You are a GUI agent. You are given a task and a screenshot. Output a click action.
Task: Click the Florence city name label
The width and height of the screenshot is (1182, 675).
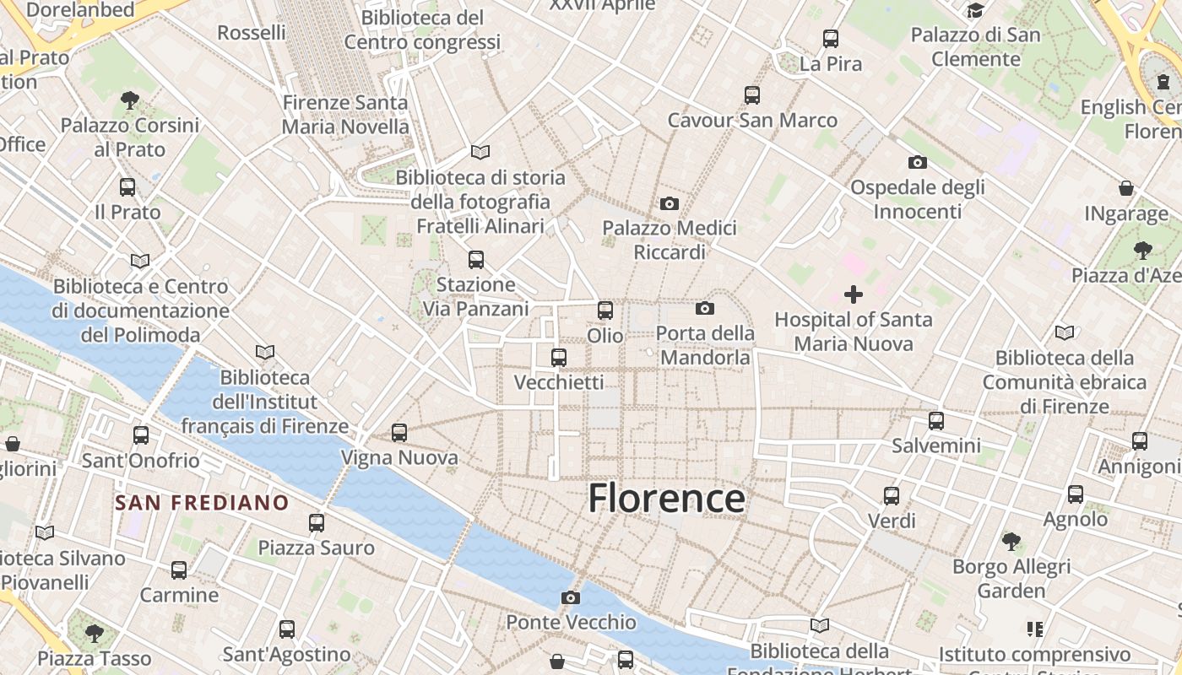(666, 498)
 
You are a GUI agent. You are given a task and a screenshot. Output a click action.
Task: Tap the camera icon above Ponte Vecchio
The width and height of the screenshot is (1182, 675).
(571, 598)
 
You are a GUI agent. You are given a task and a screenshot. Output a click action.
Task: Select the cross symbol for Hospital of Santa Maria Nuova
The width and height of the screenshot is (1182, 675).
(854, 294)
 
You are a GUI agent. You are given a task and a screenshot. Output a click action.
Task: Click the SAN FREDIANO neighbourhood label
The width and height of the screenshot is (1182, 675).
(202, 504)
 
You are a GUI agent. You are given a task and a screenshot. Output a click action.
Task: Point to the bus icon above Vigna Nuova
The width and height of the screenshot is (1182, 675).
(399, 433)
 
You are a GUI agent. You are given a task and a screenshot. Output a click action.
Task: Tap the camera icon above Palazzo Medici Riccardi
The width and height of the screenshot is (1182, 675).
(670, 203)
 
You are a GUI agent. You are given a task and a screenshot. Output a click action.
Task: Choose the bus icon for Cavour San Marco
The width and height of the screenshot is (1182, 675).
(752, 95)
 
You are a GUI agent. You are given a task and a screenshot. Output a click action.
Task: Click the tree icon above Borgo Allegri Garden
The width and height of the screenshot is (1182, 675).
(1011, 541)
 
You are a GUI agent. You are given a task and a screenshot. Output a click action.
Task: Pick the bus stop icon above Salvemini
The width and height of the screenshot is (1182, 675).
(936, 420)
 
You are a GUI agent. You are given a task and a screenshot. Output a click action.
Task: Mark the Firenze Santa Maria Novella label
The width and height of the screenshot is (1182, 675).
(345, 115)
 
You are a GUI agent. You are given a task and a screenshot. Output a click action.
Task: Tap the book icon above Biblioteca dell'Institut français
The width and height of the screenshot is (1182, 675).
(265, 352)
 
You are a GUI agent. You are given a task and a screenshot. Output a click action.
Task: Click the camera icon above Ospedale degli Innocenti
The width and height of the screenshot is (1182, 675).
(918, 162)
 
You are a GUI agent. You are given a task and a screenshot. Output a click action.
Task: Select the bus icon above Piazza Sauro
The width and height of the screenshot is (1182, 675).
(317, 523)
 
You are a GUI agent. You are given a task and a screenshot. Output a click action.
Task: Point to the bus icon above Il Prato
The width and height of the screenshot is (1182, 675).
(127, 187)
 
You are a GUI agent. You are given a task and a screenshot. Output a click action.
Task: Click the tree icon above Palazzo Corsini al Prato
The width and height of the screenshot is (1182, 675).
(130, 101)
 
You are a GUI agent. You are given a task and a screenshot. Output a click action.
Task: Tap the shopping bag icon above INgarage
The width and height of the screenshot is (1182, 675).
(1126, 188)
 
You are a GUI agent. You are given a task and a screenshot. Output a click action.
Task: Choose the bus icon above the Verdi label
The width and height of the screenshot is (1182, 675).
(892, 496)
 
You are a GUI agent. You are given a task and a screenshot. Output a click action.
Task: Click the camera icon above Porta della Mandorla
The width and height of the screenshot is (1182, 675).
(705, 309)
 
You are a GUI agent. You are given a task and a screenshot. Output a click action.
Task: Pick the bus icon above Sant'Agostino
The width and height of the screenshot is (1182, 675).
(287, 629)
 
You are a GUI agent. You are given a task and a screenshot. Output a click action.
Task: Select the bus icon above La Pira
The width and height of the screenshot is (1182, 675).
(831, 39)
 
